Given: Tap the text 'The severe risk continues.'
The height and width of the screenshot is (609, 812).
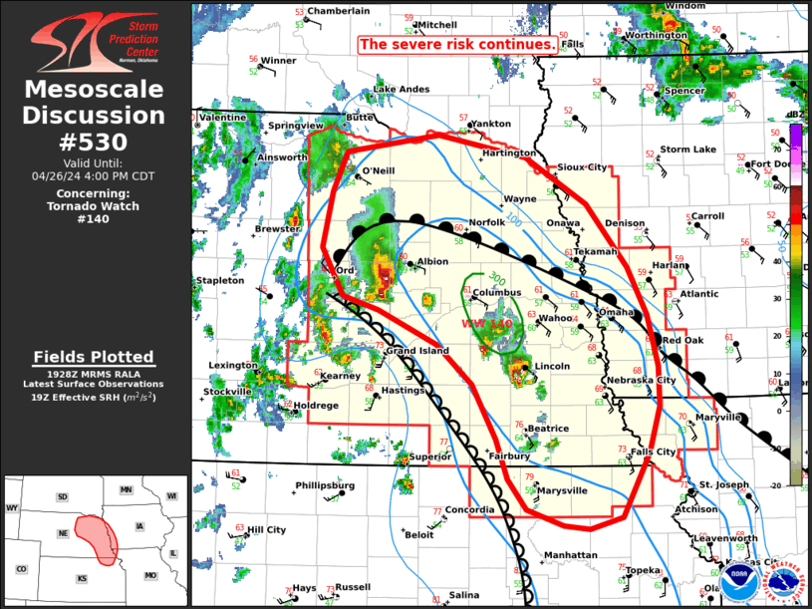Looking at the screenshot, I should click(x=457, y=45).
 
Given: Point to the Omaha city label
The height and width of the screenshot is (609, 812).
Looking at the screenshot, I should click(x=616, y=312).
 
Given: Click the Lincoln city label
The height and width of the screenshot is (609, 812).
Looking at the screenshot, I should click(x=552, y=366).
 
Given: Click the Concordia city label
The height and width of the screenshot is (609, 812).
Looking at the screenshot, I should click(x=469, y=510).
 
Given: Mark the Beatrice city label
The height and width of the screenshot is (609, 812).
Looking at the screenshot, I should click(x=548, y=429).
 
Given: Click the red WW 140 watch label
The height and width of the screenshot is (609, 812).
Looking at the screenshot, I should click(x=487, y=324).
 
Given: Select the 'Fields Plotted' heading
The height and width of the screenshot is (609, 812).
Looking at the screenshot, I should click(x=93, y=357).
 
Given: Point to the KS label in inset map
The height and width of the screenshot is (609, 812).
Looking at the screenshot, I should click(x=83, y=578).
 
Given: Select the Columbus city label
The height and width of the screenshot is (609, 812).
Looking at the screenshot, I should click(x=497, y=293).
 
